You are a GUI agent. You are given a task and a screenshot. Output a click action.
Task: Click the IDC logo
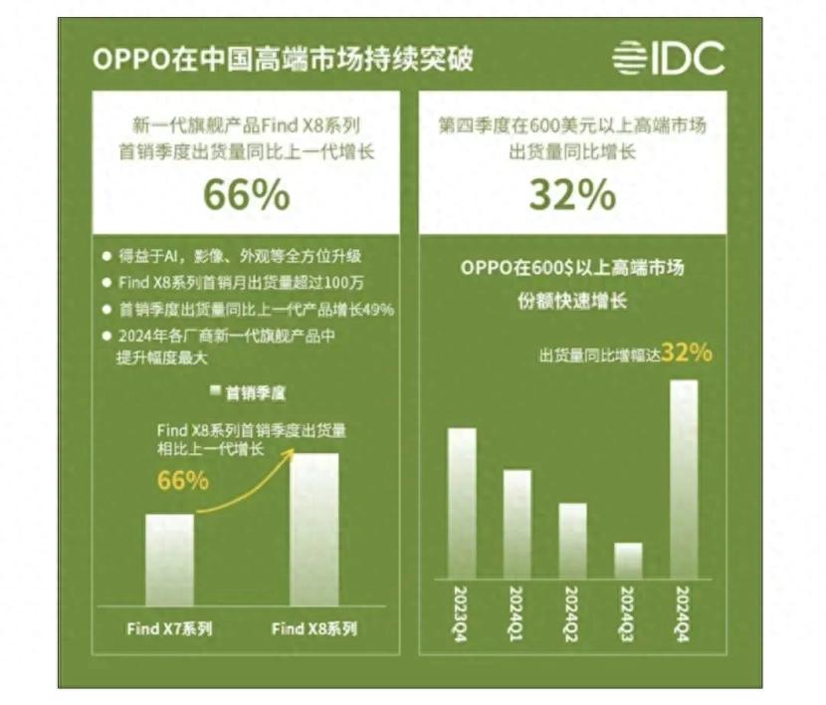(668, 58)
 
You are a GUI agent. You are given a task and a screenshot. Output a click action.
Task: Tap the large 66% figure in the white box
(247, 195)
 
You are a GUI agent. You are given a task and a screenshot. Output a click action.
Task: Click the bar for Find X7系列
(169, 560)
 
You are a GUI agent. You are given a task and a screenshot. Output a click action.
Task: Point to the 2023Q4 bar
(462, 504)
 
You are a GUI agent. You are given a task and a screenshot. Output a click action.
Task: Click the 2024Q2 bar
(572, 541)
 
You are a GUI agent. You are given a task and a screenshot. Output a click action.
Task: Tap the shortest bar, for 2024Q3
(628, 561)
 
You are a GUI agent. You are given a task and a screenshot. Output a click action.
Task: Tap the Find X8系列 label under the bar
(313, 629)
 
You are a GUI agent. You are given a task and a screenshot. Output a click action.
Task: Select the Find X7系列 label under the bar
(169, 629)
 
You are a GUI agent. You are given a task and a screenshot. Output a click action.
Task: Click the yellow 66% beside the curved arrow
(183, 480)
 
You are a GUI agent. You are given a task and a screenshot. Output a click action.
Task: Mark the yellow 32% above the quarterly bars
(687, 352)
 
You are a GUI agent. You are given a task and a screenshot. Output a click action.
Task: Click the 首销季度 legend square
(215, 391)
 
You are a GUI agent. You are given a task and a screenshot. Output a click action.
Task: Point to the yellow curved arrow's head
(295, 450)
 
